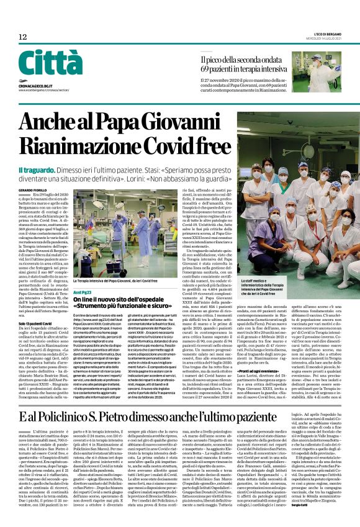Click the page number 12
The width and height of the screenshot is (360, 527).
[x=22, y=37]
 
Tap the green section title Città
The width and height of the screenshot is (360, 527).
[x=42, y=63]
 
